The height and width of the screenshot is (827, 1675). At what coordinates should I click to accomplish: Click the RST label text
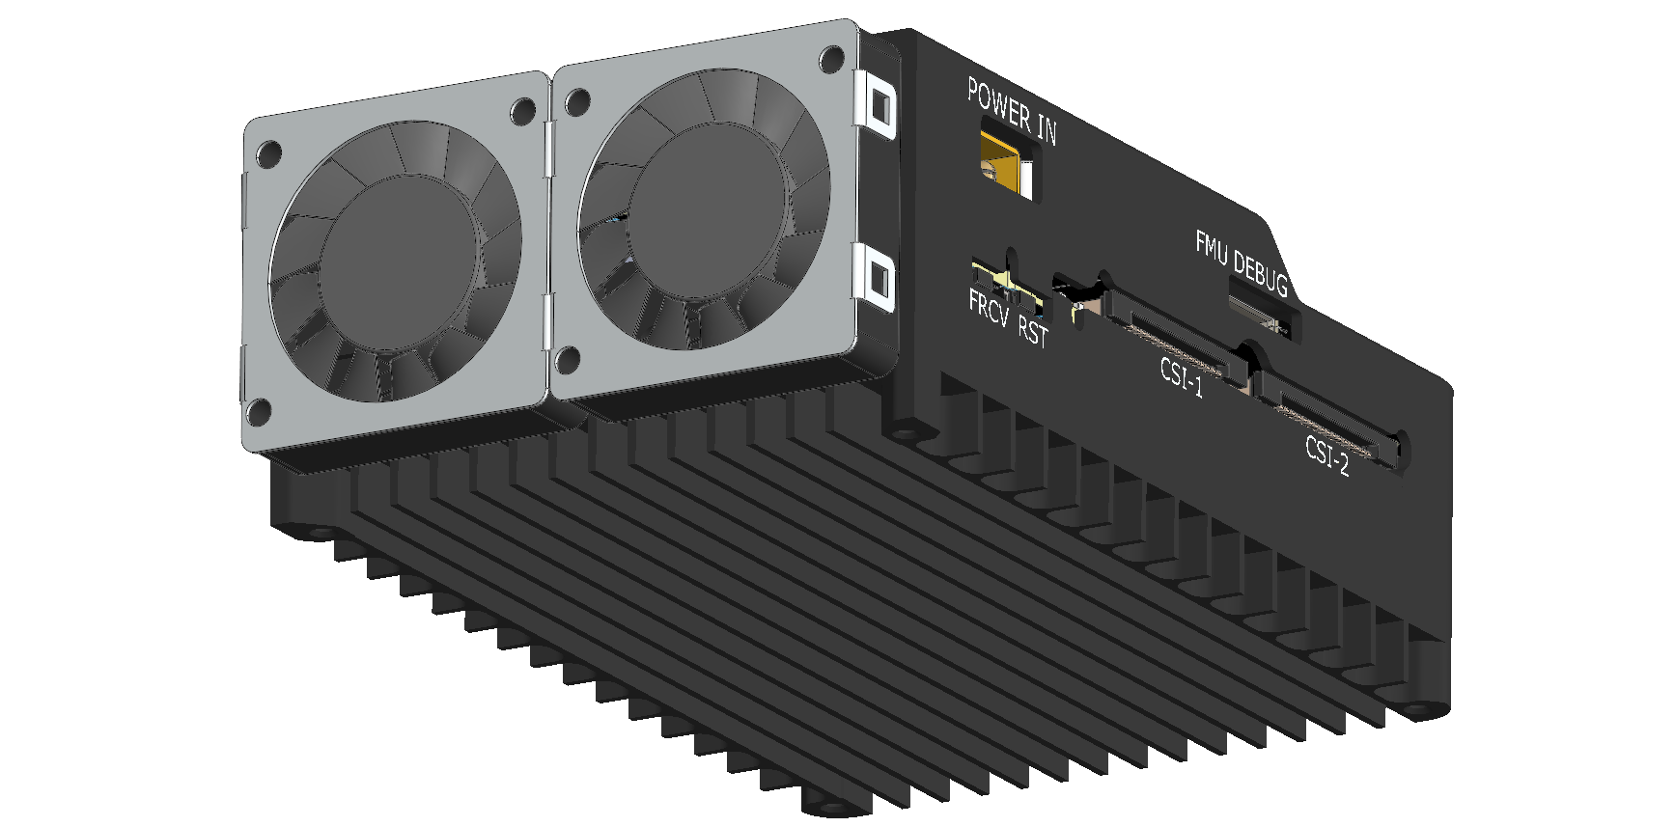pos(1033,331)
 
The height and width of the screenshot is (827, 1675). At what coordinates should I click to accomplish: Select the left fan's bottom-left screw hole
pos(258,412)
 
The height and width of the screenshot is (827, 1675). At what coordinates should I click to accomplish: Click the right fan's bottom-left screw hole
pos(568,360)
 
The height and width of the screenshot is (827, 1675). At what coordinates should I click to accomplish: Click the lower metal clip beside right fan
pos(878,279)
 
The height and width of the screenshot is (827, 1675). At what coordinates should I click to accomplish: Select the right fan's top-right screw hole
pos(829,58)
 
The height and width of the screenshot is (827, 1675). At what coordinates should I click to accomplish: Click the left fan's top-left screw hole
pos(269,152)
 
